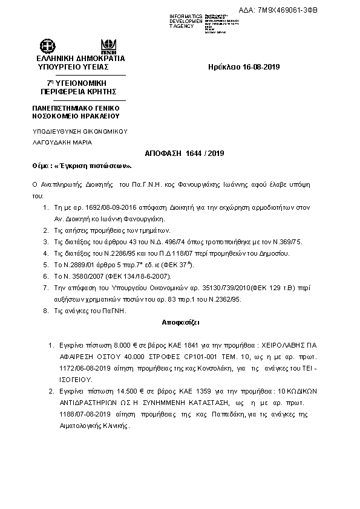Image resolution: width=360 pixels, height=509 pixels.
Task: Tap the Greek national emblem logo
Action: click(47, 45)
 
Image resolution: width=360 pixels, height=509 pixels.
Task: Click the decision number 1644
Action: click(194, 154)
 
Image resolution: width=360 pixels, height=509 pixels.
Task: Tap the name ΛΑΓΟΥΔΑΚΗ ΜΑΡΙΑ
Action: click(62, 142)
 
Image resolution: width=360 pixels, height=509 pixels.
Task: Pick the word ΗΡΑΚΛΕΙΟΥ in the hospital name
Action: click(97, 115)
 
